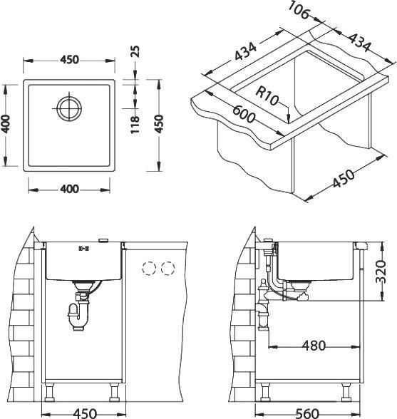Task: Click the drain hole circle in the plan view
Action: pyautogui.click(x=70, y=109)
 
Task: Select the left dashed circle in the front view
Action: pyautogui.click(x=150, y=269)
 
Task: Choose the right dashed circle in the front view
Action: pyautogui.click(x=168, y=269)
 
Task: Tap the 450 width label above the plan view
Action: pyautogui.click(x=69, y=59)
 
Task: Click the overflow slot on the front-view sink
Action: pyautogui.click(x=83, y=249)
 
